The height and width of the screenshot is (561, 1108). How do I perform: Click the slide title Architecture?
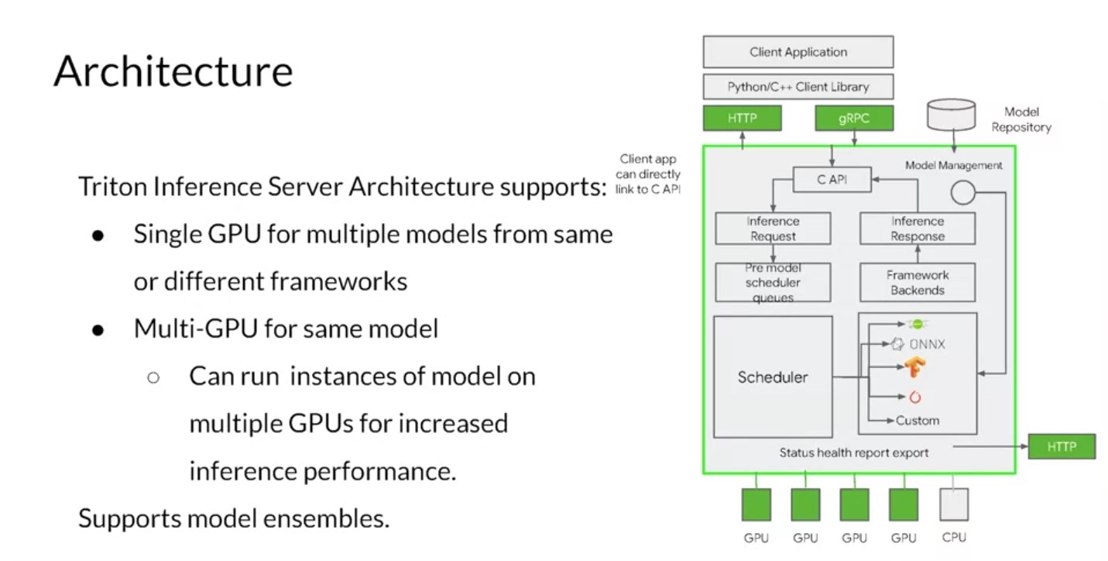click(x=173, y=71)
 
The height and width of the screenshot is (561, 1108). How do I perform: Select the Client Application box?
click(x=798, y=53)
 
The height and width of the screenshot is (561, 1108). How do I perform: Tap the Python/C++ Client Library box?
click(x=798, y=87)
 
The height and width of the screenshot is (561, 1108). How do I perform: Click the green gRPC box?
click(x=854, y=119)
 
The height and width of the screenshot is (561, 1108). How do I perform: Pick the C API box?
click(x=832, y=181)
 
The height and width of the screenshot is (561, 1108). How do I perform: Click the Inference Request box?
click(x=772, y=229)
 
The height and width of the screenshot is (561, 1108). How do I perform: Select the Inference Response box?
click(x=918, y=229)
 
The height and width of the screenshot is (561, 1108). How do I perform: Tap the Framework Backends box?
click(x=918, y=282)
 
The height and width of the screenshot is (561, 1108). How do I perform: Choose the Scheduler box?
click(x=772, y=377)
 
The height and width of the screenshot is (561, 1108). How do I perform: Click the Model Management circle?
click(x=962, y=192)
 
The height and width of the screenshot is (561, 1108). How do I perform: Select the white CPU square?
click(x=953, y=504)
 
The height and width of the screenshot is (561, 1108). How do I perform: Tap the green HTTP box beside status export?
click(x=1061, y=446)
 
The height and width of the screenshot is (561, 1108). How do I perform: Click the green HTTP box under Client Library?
click(x=741, y=119)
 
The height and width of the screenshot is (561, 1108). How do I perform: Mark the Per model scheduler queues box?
click(x=772, y=282)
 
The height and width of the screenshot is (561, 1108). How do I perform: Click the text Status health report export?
click(x=853, y=453)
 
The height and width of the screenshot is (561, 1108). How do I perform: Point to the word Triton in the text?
click(x=105, y=187)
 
